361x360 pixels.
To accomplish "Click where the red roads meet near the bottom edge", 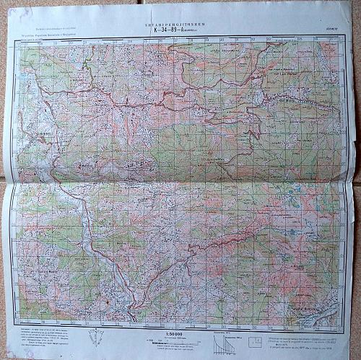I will (x=133, y=315).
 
